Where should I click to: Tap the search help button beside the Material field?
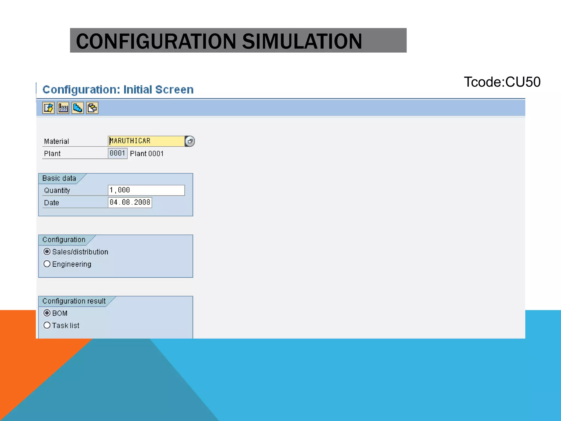point(190,141)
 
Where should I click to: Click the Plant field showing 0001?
point(118,153)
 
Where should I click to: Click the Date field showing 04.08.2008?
point(130,203)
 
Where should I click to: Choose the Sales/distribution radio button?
point(47,252)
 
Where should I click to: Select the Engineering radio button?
point(47,264)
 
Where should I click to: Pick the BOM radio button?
point(47,313)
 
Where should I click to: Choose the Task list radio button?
point(47,325)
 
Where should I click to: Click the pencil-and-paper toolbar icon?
point(48,108)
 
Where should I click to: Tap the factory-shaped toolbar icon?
point(63,108)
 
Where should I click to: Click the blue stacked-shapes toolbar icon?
point(78,108)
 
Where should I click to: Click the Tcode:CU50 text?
point(502,82)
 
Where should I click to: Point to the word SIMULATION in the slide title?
point(302,41)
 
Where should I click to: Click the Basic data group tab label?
point(59,178)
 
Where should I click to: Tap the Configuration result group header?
point(74,301)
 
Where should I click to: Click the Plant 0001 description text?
point(147,154)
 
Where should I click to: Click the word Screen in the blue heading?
point(174,90)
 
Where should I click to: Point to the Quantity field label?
point(57,190)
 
